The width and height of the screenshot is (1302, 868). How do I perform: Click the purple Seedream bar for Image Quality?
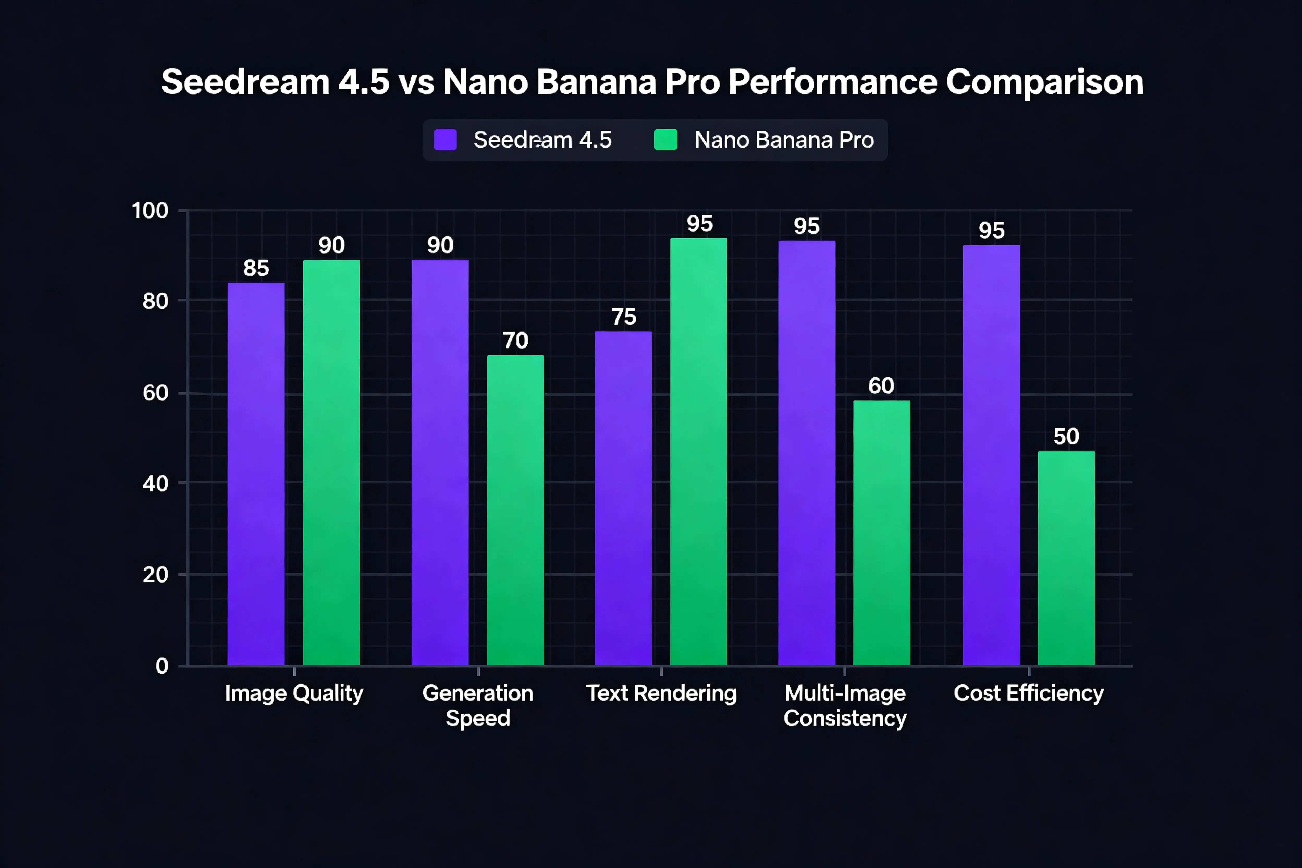click(x=256, y=474)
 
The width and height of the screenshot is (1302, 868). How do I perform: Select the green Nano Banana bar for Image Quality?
click(x=331, y=463)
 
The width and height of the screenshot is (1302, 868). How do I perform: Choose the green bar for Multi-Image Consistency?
click(x=881, y=533)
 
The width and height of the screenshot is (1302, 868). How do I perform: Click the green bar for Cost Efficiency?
click(x=1066, y=558)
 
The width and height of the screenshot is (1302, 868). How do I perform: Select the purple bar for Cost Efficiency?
click(x=991, y=455)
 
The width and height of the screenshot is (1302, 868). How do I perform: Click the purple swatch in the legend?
click(x=445, y=140)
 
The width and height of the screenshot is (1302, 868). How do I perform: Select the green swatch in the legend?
click(x=665, y=140)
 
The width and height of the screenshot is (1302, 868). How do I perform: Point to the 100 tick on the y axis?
click(x=149, y=211)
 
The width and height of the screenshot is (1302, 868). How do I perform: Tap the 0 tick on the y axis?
click(x=162, y=666)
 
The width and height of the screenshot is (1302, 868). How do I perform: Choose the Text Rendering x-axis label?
click(x=661, y=693)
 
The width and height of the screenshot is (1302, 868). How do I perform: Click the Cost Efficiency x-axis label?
click(x=1028, y=693)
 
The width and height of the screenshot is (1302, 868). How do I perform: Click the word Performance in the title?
click(x=832, y=82)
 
